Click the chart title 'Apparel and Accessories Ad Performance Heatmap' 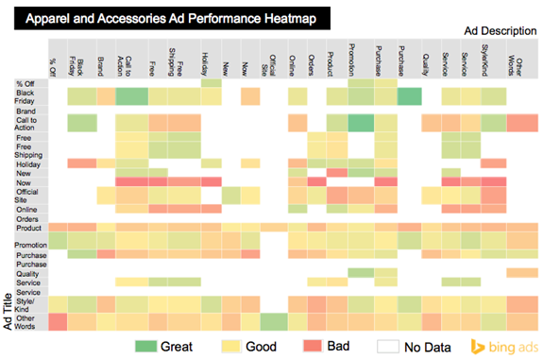tap(170, 18)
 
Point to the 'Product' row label tap(28, 227)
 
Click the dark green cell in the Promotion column tap(360, 122)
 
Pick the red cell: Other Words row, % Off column tap(57, 322)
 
